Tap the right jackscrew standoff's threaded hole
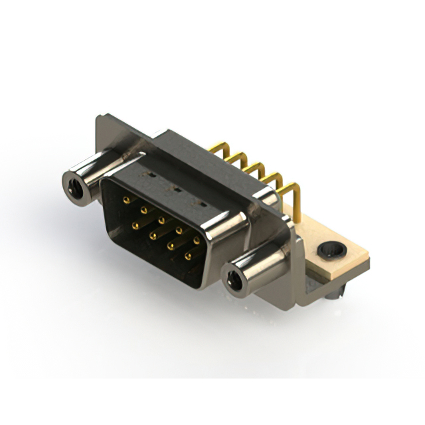[233, 281]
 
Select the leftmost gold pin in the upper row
[127, 199]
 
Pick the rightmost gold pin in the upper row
[197, 240]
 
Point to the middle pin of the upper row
[161, 219]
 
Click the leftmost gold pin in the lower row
[135, 226]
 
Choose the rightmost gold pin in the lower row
[188, 256]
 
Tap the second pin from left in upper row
[144, 209]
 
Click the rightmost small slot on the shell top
[196, 200]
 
